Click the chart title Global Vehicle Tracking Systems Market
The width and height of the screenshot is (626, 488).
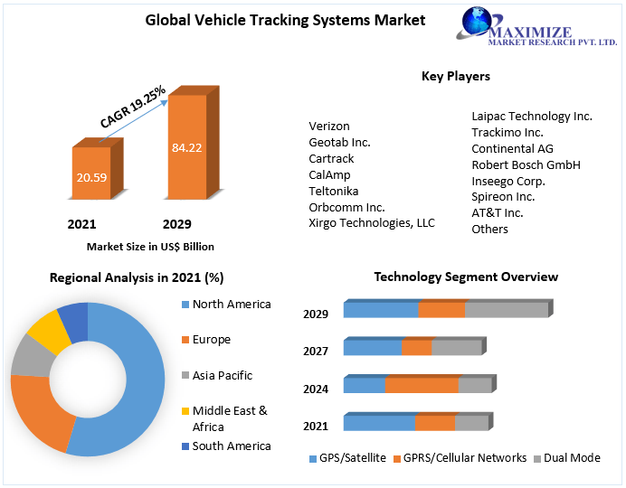pyautogui.click(x=285, y=20)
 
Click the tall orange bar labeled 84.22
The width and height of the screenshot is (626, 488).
pyautogui.click(x=187, y=146)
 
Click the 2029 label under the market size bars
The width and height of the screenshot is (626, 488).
pyautogui.click(x=176, y=224)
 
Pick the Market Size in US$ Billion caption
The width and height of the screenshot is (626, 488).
pyautogui.click(x=150, y=246)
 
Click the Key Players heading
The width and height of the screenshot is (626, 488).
pyautogui.click(x=456, y=76)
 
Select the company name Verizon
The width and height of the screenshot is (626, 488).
pyautogui.click(x=329, y=126)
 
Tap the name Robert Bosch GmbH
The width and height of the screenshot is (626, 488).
pyautogui.click(x=526, y=164)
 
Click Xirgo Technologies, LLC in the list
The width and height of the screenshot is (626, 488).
pyautogui.click(x=372, y=222)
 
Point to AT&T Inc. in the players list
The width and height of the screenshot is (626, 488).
pyautogui.click(x=498, y=212)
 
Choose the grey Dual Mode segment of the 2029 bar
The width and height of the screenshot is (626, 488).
pyautogui.click(x=507, y=310)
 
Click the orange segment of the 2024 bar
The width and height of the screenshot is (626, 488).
pyautogui.click(x=422, y=385)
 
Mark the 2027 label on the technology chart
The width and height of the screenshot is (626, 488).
pyautogui.click(x=316, y=352)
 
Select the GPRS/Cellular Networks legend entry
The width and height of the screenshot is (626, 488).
pyautogui.click(x=463, y=458)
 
